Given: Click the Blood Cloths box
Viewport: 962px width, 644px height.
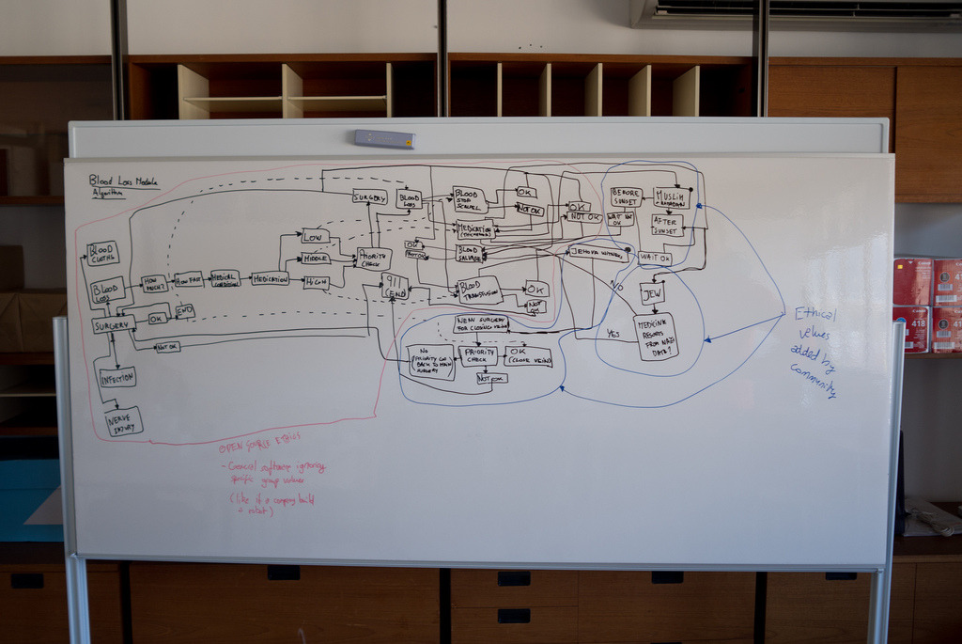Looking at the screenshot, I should tap(102, 253).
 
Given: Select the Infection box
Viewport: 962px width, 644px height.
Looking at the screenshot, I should tap(117, 377).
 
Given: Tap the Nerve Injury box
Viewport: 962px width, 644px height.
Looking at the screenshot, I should tap(124, 421).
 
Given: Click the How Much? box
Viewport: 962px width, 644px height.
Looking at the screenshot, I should tap(154, 283).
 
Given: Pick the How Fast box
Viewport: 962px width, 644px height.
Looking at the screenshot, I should tap(189, 279).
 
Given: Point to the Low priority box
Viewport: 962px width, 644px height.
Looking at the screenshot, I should tap(315, 236).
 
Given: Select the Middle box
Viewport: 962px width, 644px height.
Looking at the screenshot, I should tap(316, 258).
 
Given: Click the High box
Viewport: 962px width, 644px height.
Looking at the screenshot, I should tap(317, 281).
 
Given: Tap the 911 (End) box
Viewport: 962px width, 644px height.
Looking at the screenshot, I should tap(395, 288).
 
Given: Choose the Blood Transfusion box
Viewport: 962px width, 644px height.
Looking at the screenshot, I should tap(479, 290).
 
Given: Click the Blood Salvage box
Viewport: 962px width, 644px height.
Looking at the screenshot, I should tap(470, 252).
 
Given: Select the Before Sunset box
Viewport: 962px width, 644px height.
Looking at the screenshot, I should tap(626, 196).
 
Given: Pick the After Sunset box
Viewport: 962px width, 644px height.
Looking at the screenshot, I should tap(666, 225).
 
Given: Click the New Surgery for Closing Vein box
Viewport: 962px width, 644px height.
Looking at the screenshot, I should tap(481, 323).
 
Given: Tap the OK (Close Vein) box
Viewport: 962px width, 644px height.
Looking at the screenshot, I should tap(528, 356).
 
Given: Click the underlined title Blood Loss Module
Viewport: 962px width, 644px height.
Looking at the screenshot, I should tap(123, 181).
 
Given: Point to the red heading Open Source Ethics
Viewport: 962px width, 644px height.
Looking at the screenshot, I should tap(258, 448).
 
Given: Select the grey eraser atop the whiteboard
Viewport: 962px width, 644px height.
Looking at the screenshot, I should tap(384, 139).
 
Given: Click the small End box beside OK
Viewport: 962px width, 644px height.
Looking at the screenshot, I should tap(184, 310).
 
